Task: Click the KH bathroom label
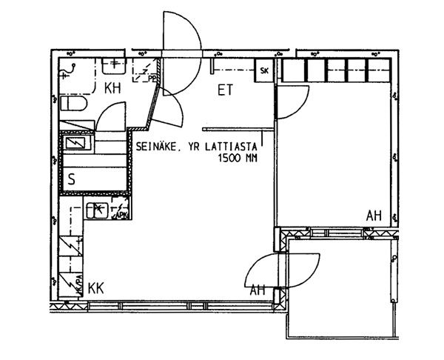[112, 89]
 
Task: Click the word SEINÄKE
[157, 147]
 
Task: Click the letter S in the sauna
[72, 179]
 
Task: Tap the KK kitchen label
[96, 286]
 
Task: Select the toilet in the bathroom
[74, 105]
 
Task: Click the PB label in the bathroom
[152, 76]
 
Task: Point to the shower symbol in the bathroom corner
[70, 70]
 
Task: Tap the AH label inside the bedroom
[374, 216]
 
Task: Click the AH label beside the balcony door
[257, 290]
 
